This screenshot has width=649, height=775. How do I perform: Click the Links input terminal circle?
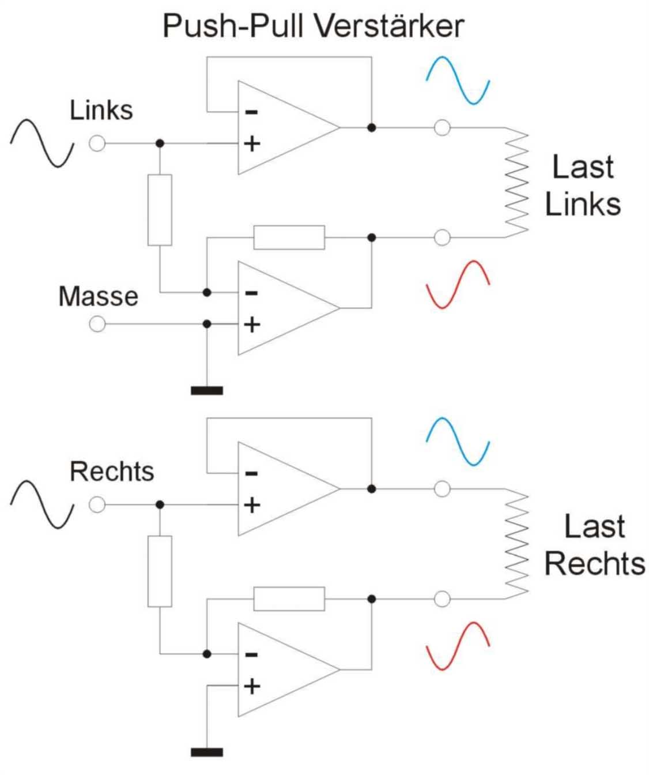click(x=97, y=143)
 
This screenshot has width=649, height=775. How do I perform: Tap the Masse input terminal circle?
click(x=97, y=324)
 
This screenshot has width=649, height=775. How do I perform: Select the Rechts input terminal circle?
click(x=97, y=505)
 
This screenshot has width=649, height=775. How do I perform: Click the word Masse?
click(x=98, y=296)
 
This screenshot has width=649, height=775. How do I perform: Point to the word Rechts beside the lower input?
click(x=112, y=472)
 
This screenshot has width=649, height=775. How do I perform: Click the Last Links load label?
click(x=583, y=186)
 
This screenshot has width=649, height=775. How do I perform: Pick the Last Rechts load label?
click(x=594, y=545)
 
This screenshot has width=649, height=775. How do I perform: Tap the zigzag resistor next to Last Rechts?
click(x=516, y=544)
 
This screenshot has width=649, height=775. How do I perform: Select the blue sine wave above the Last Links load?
click(x=458, y=80)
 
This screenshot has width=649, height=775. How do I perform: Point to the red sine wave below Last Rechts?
click(x=458, y=646)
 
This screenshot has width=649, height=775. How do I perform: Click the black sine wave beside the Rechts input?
click(x=42, y=505)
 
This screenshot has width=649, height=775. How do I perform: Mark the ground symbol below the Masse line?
click(x=206, y=391)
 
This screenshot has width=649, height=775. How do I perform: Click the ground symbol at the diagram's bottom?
click(x=206, y=752)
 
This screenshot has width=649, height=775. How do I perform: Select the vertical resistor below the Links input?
click(x=160, y=210)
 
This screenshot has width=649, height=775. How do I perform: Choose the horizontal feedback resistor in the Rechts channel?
click(x=289, y=599)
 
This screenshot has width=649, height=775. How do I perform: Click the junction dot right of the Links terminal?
click(x=160, y=143)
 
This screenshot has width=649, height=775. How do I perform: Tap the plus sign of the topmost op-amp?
click(x=252, y=144)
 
